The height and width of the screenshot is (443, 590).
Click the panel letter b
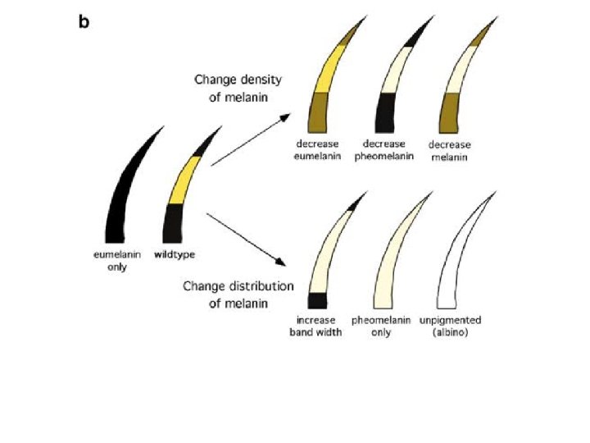point(84,22)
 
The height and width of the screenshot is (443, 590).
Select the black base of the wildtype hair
point(174,221)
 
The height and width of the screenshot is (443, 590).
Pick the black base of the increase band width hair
point(317,300)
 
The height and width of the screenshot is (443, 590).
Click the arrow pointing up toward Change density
point(250,140)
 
